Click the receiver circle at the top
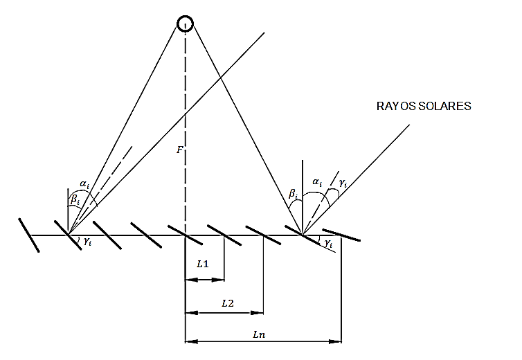pyautogui.click(x=185, y=24)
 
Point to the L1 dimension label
pyautogui.click(x=203, y=264)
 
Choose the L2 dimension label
pyautogui.click(x=226, y=303)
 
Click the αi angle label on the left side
pyautogui.click(x=84, y=184)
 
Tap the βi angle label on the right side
pyautogui.click(x=294, y=197)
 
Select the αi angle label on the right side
pyautogui.click(x=318, y=182)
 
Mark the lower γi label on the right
pyautogui.click(x=327, y=244)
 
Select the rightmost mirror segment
pyautogui.click(x=341, y=235)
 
